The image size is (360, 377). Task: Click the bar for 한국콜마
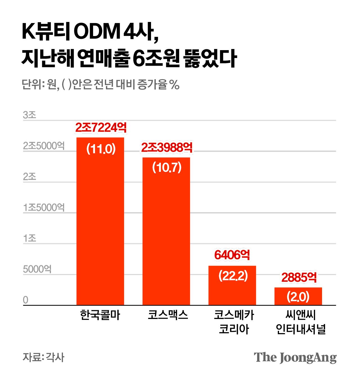(100, 225)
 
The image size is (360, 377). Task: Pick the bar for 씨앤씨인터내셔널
(298, 298)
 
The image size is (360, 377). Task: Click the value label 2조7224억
(101, 128)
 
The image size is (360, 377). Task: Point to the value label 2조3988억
(167, 148)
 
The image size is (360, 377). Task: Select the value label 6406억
(232, 255)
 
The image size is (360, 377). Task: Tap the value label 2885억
(299, 278)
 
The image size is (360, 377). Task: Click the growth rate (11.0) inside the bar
(101, 149)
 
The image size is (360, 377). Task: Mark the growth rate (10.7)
(167, 168)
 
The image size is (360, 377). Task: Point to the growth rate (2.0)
(298, 297)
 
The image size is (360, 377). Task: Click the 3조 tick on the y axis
(30, 115)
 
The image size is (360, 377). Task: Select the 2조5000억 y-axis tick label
(44, 146)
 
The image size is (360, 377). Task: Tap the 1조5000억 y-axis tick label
(44, 208)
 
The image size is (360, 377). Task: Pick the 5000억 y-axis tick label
(37, 269)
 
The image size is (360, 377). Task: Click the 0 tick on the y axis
(26, 300)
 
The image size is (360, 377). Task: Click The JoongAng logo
(295, 358)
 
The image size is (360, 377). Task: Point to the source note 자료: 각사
(43, 357)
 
